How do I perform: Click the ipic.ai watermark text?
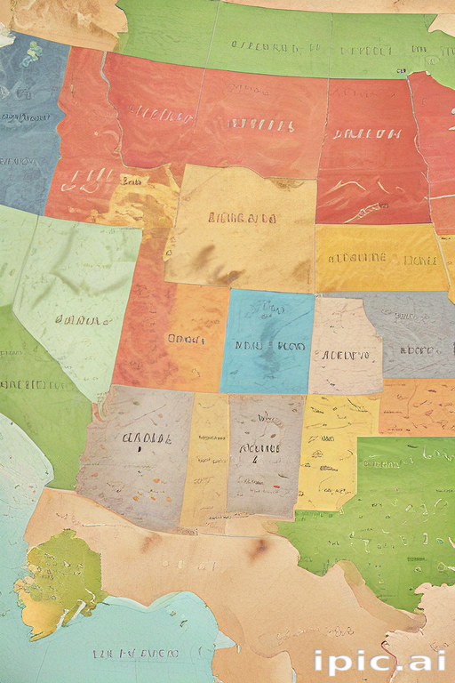(380, 663)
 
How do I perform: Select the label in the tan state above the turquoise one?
(241, 218)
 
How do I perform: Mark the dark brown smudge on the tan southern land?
(258, 549)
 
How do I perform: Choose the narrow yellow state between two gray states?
(206, 458)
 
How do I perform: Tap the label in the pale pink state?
(344, 355)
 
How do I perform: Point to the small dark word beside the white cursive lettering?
(133, 180)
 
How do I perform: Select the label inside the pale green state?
(76, 318)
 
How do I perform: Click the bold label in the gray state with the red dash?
(259, 449)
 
